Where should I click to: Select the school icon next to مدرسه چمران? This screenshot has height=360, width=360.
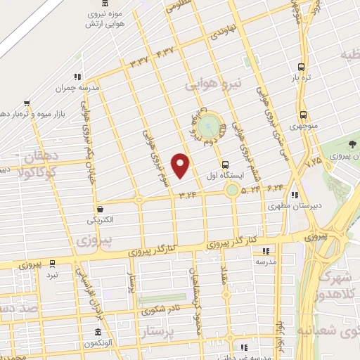pyautogui.click(x=79, y=77)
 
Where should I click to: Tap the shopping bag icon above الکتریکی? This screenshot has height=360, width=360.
pyautogui.click(x=101, y=209)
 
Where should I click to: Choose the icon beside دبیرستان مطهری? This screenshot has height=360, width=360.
pyautogui.click(x=295, y=195)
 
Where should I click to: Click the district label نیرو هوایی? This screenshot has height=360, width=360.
pyautogui.click(x=213, y=84)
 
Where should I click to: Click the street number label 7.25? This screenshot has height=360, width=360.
pyautogui.click(x=313, y=162)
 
